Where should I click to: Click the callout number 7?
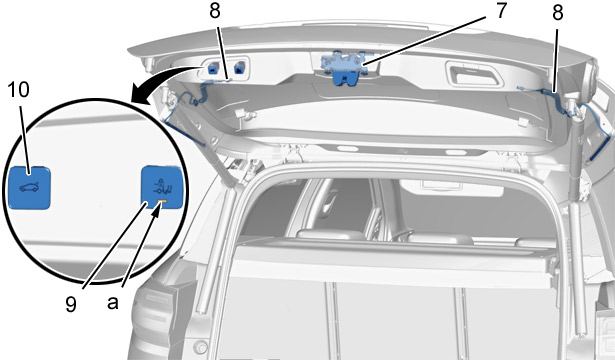click(x=500, y=11)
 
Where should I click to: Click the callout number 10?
click(x=18, y=90)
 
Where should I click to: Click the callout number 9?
click(x=71, y=304)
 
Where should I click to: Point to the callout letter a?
click(x=113, y=303)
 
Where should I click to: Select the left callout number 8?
click(x=215, y=11)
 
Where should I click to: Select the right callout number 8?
click(x=557, y=13)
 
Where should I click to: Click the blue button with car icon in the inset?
click(x=29, y=187)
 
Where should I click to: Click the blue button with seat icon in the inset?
click(x=162, y=186)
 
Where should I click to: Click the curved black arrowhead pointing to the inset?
click(x=138, y=96)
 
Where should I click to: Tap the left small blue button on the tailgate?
click(x=212, y=68)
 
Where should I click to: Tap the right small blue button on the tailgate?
click(x=238, y=68)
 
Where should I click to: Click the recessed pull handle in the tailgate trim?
click(x=475, y=76)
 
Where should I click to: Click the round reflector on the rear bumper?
click(x=201, y=347)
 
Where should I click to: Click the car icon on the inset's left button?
click(x=29, y=187)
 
